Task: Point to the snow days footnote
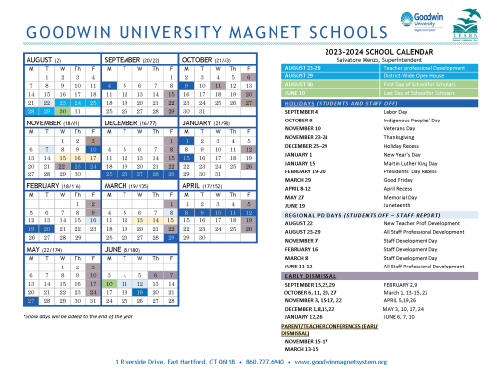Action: tap(65, 317)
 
